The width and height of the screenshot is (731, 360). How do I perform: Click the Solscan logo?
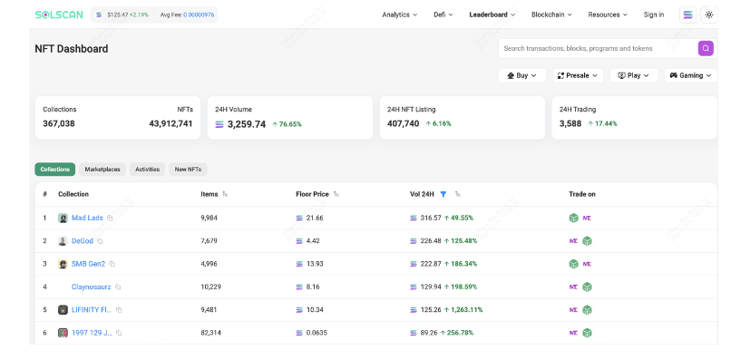click(x=59, y=15)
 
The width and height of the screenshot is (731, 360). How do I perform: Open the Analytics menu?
click(x=400, y=15)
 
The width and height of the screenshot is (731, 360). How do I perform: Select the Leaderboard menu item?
click(x=492, y=15)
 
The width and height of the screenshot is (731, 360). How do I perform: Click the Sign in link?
click(x=654, y=15)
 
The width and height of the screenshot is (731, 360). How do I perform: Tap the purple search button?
click(x=706, y=48)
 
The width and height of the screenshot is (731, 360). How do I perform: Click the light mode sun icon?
click(x=708, y=15)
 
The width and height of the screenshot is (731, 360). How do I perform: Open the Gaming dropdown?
click(x=690, y=75)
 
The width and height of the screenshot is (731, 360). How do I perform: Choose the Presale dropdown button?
click(x=578, y=75)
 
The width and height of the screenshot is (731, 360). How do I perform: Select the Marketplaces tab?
click(x=102, y=170)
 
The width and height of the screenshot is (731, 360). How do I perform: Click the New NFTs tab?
click(x=188, y=170)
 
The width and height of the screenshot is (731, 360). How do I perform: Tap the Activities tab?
click(x=147, y=170)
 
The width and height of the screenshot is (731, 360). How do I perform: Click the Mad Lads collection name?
click(x=87, y=218)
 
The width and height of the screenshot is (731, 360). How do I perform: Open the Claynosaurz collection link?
click(x=92, y=287)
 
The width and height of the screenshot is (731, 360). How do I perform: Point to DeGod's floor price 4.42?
click(x=312, y=241)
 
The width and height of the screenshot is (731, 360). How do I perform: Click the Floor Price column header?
click(x=312, y=194)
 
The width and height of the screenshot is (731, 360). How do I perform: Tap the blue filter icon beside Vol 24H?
click(x=443, y=194)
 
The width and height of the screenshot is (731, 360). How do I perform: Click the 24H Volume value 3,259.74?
click(x=247, y=124)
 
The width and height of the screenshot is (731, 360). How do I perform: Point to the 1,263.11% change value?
click(x=463, y=309)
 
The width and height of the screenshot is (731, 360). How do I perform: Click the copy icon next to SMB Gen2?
click(x=112, y=264)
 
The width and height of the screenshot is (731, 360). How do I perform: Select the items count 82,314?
click(x=210, y=333)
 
